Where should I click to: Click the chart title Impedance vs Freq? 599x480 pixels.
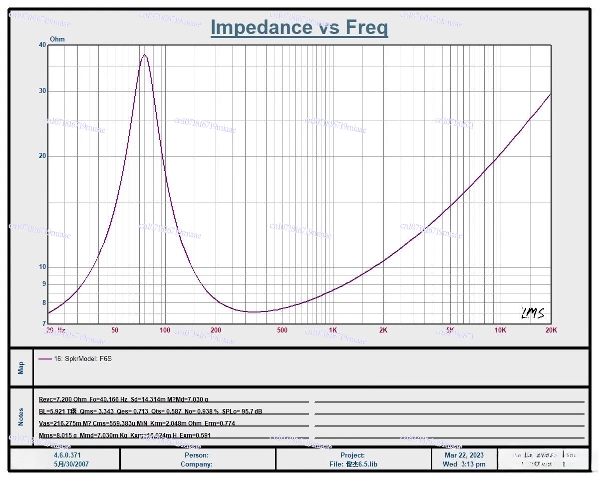[299, 27]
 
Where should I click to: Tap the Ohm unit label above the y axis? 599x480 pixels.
[57, 39]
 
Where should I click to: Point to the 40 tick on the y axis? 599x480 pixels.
[42, 45]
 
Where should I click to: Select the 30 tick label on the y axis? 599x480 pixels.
[42, 91]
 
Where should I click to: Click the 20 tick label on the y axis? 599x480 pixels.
[42, 156]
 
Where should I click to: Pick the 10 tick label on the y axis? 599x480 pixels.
[42, 267]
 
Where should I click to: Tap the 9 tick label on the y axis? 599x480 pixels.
[44, 284]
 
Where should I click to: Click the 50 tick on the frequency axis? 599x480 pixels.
[115, 330]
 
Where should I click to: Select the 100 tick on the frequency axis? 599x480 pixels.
[165, 330]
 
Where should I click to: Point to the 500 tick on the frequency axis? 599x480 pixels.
[283, 330]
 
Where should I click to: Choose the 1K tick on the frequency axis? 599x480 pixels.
[333, 330]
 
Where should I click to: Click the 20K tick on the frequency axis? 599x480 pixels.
[551, 330]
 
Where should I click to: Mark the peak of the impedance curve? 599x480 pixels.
[144, 55]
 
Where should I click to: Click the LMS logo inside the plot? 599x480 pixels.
[533, 313]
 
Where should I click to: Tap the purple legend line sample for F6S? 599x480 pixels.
[45, 359]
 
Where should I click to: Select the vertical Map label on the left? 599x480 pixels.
[21, 368]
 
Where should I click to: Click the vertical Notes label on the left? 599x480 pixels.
[21, 417]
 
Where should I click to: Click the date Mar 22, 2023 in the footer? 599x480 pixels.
[464, 455]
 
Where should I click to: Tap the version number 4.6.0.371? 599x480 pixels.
[67, 455]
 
